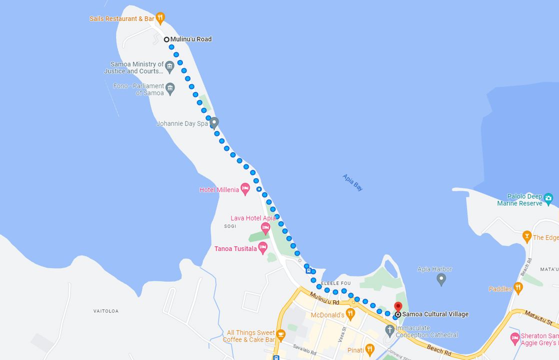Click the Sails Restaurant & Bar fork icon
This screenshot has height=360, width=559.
(x=160, y=18)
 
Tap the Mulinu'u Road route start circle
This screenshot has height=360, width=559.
(x=166, y=39)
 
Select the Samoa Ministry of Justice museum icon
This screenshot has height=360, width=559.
(x=169, y=66)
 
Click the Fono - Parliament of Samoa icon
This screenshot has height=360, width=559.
(x=170, y=88)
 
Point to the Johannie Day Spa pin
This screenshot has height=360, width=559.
(x=214, y=122)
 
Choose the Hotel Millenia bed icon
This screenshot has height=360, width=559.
(x=245, y=189)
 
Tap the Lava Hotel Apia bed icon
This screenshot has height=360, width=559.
(x=265, y=227)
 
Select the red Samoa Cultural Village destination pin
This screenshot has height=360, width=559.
(x=398, y=306)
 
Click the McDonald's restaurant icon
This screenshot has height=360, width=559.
(x=350, y=314)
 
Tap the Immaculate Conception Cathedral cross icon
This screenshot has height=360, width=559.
(x=390, y=330)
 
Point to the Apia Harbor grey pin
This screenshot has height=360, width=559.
(x=441, y=279)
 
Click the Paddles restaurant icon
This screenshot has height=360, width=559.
(x=518, y=288)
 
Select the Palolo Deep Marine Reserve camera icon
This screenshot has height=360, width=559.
(x=548, y=198)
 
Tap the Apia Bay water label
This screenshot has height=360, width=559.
(x=352, y=182)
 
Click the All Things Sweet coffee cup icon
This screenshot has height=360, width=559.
(x=280, y=334)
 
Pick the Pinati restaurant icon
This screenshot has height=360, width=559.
(x=370, y=349)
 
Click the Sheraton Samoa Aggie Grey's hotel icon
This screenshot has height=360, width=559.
(x=515, y=339)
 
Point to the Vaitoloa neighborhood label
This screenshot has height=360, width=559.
(x=106, y=311)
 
